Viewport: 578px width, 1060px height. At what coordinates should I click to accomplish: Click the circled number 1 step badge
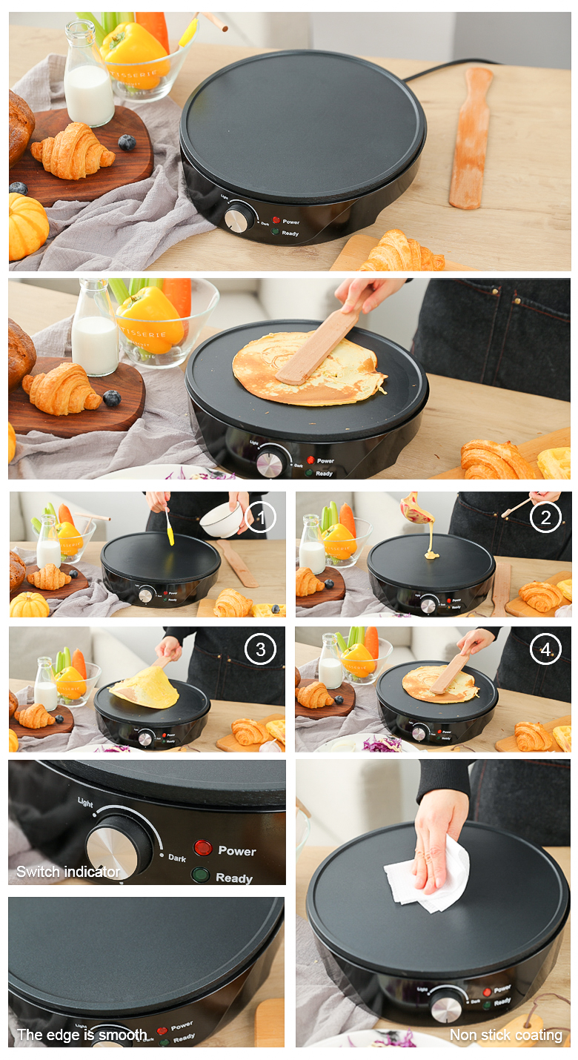260,517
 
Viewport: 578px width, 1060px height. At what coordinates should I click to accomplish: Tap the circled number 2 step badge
545,517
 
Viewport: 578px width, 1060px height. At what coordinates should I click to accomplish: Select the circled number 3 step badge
260,650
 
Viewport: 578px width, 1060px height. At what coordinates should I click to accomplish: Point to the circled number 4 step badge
545,650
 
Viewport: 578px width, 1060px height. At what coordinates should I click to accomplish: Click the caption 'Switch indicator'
68,872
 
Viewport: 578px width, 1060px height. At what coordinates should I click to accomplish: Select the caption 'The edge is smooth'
82,1035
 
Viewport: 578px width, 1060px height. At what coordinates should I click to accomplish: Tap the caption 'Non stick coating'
506,1035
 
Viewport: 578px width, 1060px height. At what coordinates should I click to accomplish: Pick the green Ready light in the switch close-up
200,875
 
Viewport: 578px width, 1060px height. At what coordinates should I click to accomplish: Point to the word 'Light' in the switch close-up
85,803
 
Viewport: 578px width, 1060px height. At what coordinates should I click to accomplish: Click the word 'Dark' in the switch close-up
177,858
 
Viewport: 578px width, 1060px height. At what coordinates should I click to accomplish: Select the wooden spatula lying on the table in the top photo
471,137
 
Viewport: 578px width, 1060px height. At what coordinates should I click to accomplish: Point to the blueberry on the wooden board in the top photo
127,142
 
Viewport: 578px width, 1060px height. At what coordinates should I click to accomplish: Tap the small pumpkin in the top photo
27,225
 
